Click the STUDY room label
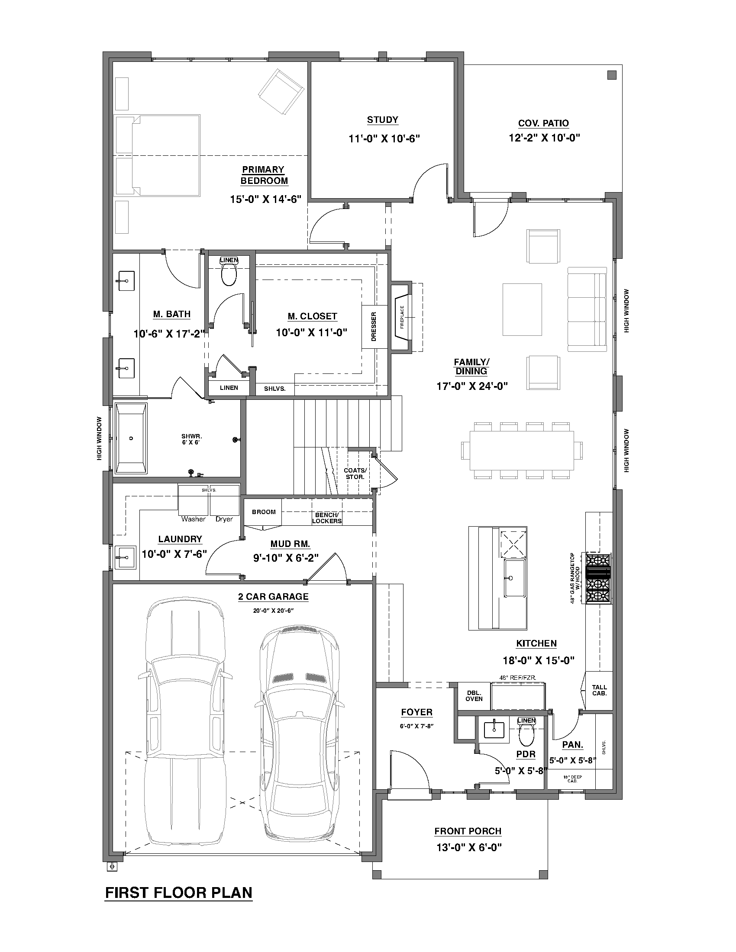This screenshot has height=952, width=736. pos(382,120)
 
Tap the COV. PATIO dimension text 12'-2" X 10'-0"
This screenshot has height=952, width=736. pos(544,138)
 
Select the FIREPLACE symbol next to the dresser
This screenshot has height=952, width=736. pos(403,317)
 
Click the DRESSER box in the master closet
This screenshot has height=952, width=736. pos(374,326)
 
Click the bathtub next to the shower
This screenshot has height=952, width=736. pos(131,438)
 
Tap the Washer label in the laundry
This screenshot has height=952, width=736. pos(193,519)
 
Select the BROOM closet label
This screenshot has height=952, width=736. pos(264,512)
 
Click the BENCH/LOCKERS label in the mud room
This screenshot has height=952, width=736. pos(326,518)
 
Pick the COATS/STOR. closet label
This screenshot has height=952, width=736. pos(355,473)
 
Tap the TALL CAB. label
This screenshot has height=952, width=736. pos(599,690)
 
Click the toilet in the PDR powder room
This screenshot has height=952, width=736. pos(526,736)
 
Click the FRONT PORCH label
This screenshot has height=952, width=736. pos(468,831)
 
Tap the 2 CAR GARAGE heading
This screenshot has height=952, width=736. pos(273,597)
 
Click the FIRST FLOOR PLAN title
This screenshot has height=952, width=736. pos(179,893)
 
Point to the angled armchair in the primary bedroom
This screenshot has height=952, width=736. pos(281,90)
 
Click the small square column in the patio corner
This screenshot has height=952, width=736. pos(612,75)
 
